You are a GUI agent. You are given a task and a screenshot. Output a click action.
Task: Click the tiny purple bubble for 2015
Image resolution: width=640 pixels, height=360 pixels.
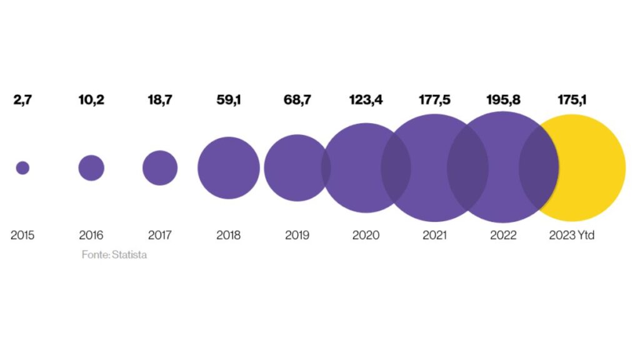click(22, 167)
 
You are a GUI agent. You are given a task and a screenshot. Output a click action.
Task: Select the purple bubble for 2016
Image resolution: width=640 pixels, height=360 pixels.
click(91, 167)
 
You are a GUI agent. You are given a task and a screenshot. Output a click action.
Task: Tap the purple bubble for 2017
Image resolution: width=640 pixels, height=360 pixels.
click(160, 167)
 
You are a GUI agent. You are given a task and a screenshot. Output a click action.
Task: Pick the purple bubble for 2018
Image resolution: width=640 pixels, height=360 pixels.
click(229, 167)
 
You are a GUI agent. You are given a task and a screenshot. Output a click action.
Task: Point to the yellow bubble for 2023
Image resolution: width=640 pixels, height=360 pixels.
click(594, 167)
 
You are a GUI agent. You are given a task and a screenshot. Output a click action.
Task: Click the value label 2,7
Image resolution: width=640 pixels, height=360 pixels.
click(22, 99)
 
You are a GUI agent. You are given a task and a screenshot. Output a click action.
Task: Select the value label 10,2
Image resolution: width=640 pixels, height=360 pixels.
click(91, 99)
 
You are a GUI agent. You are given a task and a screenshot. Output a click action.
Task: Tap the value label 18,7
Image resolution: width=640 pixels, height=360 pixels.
click(160, 99)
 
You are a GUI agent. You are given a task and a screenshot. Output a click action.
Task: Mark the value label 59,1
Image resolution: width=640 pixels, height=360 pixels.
click(229, 99)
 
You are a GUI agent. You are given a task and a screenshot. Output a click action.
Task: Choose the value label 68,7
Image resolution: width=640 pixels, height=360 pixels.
click(297, 99)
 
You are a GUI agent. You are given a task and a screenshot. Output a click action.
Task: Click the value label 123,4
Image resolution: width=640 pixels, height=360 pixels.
click(366, 99)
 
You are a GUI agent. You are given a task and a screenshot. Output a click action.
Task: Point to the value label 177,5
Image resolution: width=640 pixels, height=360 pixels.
click(435, 99)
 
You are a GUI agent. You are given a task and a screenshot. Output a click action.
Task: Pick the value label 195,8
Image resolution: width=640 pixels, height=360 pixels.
click(503, 99)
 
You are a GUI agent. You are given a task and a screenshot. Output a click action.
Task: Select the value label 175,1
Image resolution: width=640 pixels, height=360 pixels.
click(572, 99)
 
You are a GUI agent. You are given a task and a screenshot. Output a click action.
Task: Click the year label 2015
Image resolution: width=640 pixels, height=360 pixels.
click(22, 236)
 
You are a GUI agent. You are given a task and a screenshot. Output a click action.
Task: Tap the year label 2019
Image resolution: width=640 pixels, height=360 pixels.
click(297, 236)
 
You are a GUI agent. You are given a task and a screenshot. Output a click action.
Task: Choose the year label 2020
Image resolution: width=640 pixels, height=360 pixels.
click(366, 236)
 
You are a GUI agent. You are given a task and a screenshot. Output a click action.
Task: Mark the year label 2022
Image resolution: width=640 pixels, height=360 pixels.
click(503, 236)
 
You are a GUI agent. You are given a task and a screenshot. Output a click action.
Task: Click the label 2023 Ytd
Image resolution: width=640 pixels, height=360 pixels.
click(572, 236)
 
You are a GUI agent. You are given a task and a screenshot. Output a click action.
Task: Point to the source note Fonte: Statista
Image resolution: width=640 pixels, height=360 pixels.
click(114, 255)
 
